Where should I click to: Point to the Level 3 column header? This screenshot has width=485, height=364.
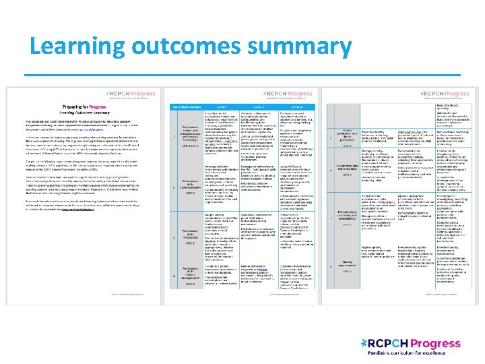297,107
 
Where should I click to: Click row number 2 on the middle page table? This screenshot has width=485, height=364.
174,187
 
